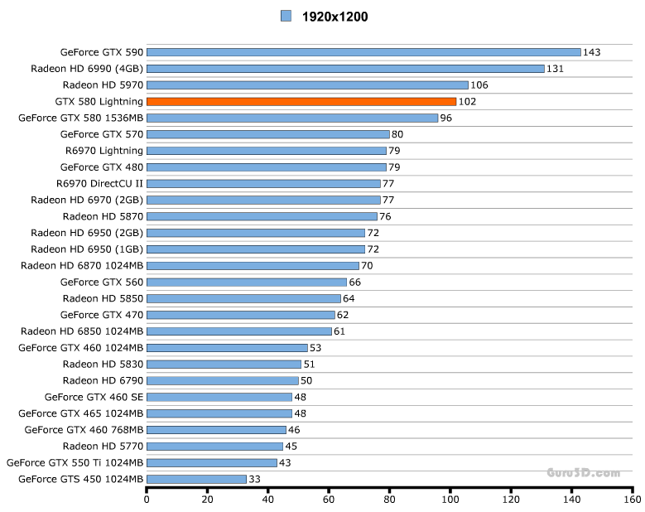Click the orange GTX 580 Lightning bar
tap(301, 101)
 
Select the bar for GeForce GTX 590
tap(363, 52)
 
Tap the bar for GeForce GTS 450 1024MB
tap(196, 479)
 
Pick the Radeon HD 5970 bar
tap(307, 85)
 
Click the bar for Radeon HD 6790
tap(222, 380)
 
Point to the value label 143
tap(591, 52)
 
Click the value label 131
tap(555, 69)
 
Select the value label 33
tap(256, 479)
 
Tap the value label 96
tap(447, 118)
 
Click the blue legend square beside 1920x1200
tap(286, 15)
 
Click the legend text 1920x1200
tap(335, 16)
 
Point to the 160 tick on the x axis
tap(633, 500)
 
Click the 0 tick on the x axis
tap(147, 500)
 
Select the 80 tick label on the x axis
tap(389, 500)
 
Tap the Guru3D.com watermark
tap(583, 472)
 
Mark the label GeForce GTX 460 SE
tap(94, 397)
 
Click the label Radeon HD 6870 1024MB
tap(82, 265)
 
